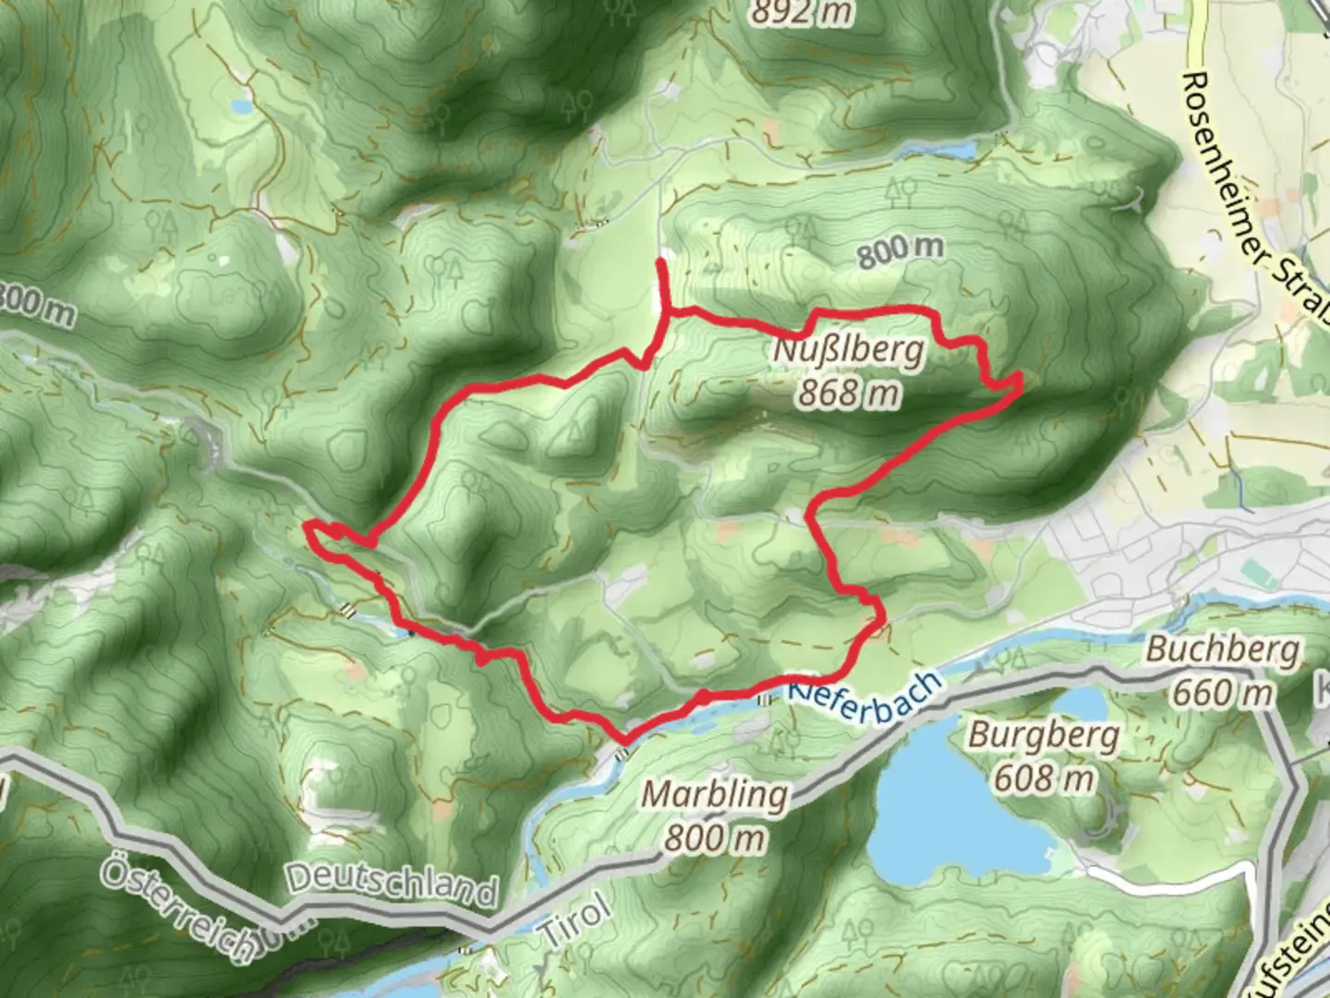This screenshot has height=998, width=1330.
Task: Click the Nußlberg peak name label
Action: coord(848,352)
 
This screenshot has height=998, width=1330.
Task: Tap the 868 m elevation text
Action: coord(848,394)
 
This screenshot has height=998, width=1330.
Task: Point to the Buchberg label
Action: coord(1222,650)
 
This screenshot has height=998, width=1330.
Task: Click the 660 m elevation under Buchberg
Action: coord(1222,692)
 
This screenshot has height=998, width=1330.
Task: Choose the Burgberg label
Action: coord(1043,736)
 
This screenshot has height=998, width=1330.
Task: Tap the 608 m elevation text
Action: coord(1043,779)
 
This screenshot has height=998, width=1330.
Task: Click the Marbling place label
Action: coord(716,795)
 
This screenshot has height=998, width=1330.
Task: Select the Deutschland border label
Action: coord(392,884)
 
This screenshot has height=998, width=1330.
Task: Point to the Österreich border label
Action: coord(175,910)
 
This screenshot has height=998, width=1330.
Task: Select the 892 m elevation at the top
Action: coord(802,13)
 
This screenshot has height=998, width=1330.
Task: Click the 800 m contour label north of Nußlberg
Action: coord(901,251)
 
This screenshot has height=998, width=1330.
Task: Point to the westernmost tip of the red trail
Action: coord(306,526)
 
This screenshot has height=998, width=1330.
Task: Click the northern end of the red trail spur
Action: coord(661,263)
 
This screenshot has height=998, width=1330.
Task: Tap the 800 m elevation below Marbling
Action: coord(716,838)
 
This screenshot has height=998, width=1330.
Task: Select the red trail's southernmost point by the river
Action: coord(626,740)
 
